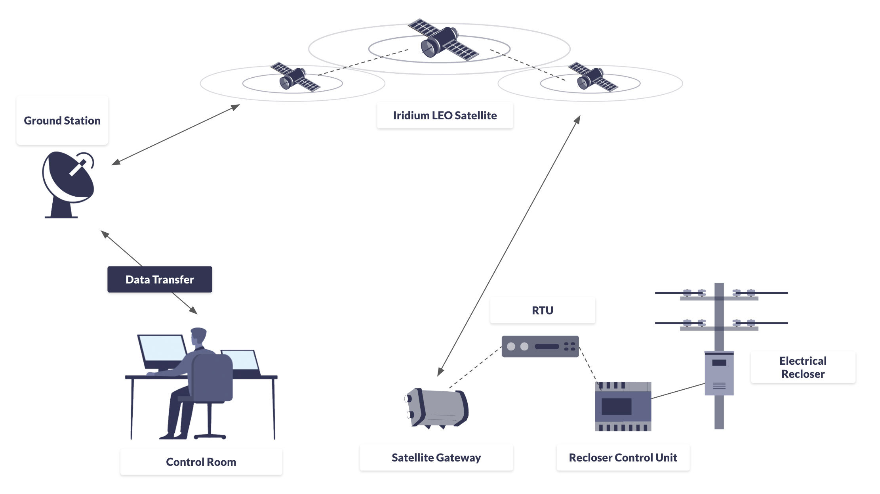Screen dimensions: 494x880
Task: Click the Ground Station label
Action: (62, 121)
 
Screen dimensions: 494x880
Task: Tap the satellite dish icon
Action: (68, 182)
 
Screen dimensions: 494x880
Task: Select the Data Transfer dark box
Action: (160, 280)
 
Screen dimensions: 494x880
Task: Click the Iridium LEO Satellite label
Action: (445, 115)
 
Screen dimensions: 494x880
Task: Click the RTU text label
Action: (542, 310)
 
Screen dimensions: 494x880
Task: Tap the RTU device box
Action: (540, 347)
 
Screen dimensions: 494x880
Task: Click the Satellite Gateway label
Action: (436, 458)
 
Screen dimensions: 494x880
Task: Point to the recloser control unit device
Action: (623, 406)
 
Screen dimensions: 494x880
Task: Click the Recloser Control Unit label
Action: (623, 458)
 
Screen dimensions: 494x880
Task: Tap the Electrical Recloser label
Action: (803, 367)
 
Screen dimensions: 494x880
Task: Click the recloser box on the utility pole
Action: (719, 373)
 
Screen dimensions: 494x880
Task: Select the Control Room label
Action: (201, 462)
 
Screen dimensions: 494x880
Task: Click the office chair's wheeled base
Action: (210, 436)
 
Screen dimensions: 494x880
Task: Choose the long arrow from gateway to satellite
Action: (509, 246)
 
